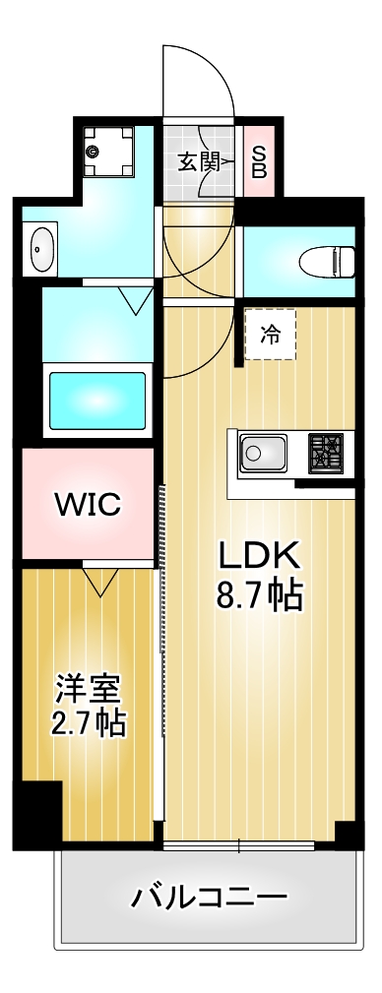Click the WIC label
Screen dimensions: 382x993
click(88, 505)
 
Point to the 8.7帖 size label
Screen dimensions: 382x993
click(259, 595)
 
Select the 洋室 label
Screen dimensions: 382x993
click(88, 685)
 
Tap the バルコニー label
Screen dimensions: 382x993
click(210, 898)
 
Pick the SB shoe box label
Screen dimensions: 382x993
click(259, 161)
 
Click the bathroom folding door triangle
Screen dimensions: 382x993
click(134, 299)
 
